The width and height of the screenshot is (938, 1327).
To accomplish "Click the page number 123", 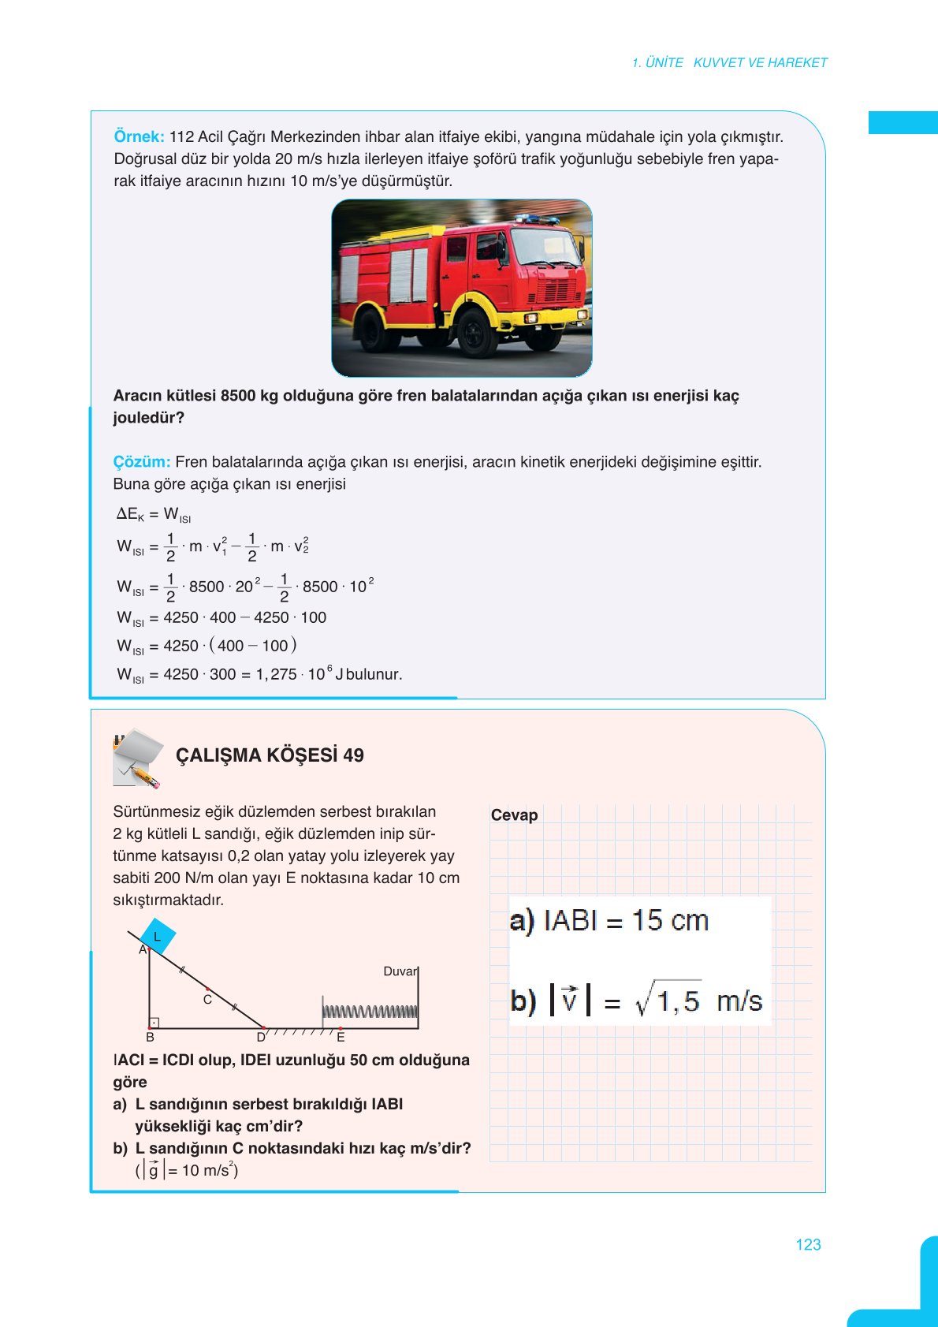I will coord(808,1244).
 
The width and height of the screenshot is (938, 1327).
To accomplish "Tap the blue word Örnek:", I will coord(139,136).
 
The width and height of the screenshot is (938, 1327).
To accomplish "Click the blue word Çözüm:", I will coord(141,462).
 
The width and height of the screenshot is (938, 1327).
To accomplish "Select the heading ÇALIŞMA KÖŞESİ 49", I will coord(270,755).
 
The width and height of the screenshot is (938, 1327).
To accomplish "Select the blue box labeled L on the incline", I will coord(158,937).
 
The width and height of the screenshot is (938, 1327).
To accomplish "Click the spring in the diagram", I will coord(370,1012).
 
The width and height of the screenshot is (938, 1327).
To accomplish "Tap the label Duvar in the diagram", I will coord(399,971).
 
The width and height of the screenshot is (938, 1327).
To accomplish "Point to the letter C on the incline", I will coord(207,1000).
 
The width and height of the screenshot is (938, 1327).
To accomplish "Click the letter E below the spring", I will coord(341,1038).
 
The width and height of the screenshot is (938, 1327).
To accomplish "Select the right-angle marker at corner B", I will coord(154,1023).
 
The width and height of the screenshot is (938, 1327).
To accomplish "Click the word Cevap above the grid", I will coord(514,815).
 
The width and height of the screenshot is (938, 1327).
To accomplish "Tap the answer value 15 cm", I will coord(669,921).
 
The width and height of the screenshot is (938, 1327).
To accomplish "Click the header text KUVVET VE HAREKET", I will coord(760,62).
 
